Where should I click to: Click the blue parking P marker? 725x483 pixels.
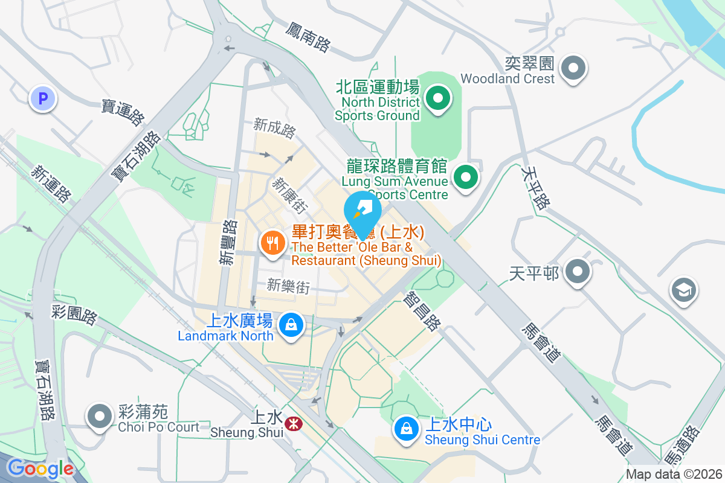point(43,98)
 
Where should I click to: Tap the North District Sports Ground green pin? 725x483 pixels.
point(437,98)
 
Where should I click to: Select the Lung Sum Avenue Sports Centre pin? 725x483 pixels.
point(466,178)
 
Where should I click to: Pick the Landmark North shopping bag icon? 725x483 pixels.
point(291,325)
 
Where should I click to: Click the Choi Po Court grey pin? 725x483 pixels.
point(100,417)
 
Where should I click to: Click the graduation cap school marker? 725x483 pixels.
point(684,291)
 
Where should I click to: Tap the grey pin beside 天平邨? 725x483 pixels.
point(578,272)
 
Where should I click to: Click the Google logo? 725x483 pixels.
point(40,469)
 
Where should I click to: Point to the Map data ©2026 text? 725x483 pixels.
point(674,474)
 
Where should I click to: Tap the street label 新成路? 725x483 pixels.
point(275,127)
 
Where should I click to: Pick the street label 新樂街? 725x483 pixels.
point(288,286)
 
